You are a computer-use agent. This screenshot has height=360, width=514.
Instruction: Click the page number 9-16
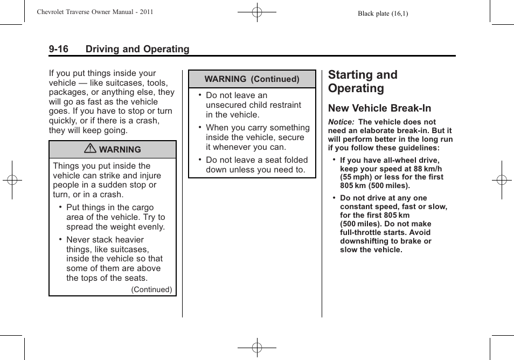click(x=58, y=49)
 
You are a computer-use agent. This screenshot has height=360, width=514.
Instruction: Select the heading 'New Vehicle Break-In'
click(x=379, y=108)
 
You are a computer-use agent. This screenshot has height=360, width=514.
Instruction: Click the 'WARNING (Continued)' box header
click(x=252, y=79)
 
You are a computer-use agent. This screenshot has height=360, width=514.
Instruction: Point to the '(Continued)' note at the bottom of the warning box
click(x=151, y=289)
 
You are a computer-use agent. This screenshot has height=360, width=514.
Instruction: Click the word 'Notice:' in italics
click(x=341, y=122)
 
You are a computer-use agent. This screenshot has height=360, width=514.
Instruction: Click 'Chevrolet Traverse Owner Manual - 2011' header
click(x=95, y=12)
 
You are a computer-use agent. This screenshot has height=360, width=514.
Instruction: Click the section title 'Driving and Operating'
click(x=137, y=49)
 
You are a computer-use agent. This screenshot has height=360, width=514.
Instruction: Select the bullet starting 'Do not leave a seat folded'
click(x=256, y=165)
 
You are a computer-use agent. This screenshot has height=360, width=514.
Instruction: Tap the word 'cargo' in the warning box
click(x=141, y=207)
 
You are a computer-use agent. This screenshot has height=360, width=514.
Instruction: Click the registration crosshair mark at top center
click(x=257, y=11)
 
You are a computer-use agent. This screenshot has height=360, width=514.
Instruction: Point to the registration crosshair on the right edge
click(x=501, y=180)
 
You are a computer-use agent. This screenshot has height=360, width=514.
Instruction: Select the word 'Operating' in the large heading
click(x=356, y=88)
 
